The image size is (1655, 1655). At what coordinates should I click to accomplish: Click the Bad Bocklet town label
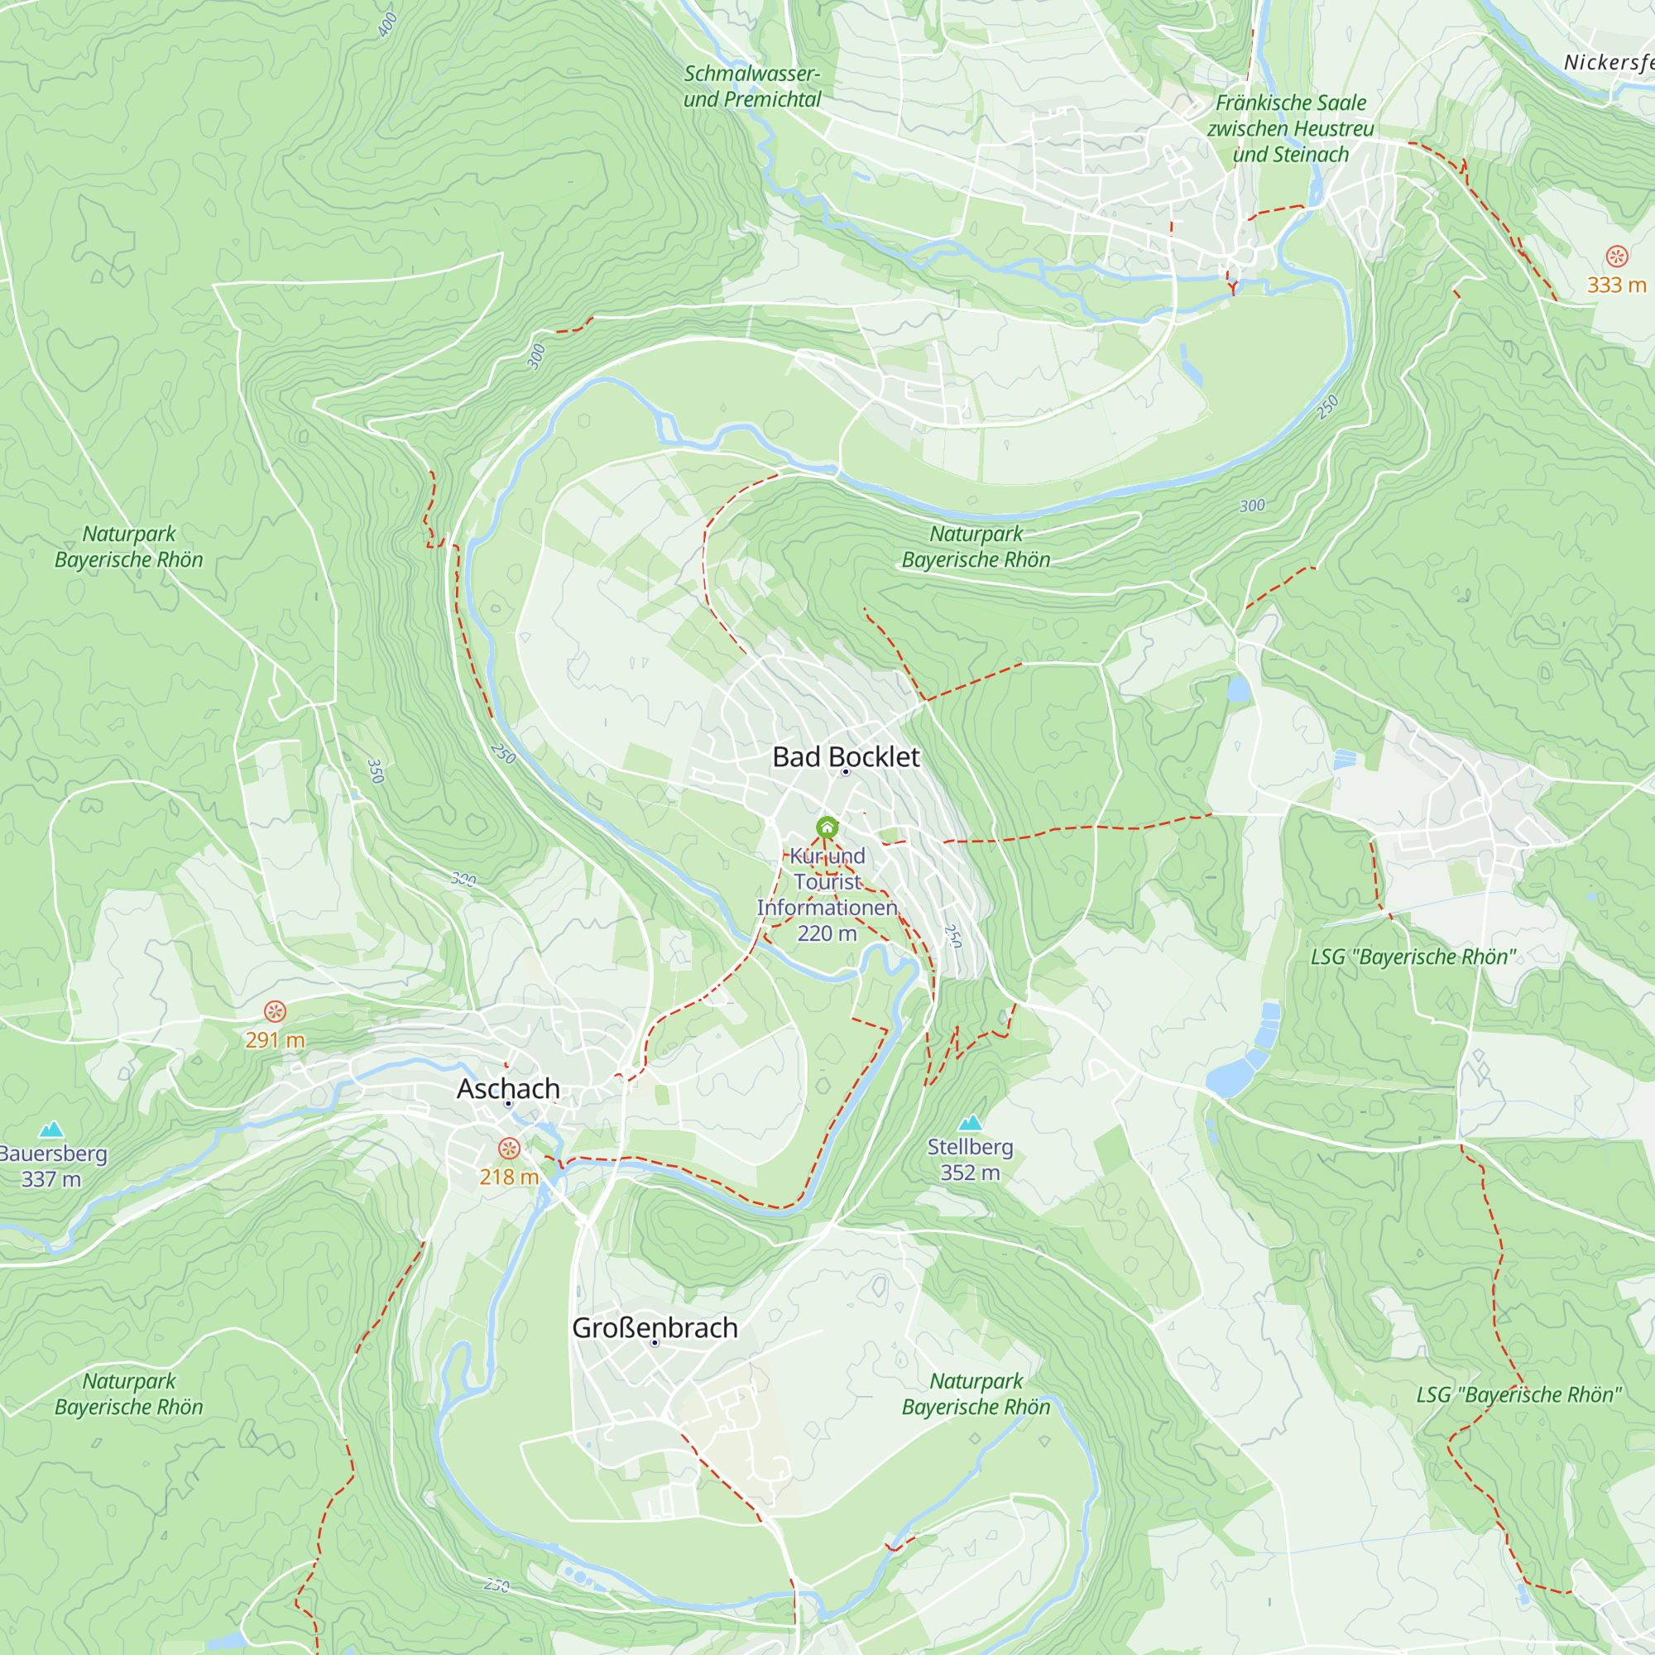pyautogui.click(x=846, y=756)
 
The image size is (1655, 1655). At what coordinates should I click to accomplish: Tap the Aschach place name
pyautogui.click(x=508, y=1088)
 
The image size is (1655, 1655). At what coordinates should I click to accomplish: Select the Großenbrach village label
pyautogui.click(x=655, y=1327)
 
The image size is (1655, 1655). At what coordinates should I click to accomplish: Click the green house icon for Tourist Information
pyautogui.click(x=827, y=827)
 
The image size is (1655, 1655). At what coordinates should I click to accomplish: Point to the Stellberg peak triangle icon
pyautogui.click(x=970, y=1123)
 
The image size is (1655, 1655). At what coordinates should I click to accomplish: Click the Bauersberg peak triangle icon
pyautogui.click(x=51, y=1129)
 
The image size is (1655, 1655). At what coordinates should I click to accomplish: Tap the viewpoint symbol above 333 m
pyautogui.click(x=1616, y=257)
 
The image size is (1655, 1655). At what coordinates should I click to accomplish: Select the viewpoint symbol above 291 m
pyautogui.click(x=274, y=1012)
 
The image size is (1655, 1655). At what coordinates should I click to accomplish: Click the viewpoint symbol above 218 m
pyautogui.click(x=509, y=1149)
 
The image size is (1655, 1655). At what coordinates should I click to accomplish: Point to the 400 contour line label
pyautogui.click(x=387, y=24)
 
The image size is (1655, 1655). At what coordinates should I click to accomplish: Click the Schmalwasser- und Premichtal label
pyautogui.click(x=751, y=87)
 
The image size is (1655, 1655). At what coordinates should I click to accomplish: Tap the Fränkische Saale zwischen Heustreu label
pyautogui.click(x=1290, y=128)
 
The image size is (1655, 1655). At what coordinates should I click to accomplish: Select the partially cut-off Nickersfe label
pyautogui.click(x=1608, y=63)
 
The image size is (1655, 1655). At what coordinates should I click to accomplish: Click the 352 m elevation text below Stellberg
pyautogui.click(x=970, y=1173)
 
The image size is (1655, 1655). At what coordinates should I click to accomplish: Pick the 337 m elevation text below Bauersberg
pyautogui.click(x=51, y=1179)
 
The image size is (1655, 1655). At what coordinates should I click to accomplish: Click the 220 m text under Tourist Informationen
pyautogui.click(x=827, y=933)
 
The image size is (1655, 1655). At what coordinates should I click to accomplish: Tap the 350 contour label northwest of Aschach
pyautogui.click(x=375, y=771)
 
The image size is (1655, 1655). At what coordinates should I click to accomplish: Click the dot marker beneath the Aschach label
pyautogui.click(x=508, y=1104)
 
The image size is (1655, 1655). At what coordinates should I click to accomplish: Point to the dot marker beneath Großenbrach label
pyautogui.click(x=655, y=1343)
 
